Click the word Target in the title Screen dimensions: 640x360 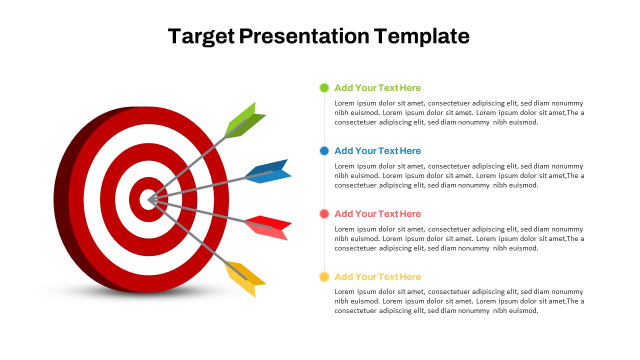201,36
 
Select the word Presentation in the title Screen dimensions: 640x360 304,36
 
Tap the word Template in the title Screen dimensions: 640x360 421,36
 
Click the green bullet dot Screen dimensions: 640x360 324,87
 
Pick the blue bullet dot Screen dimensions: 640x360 324,150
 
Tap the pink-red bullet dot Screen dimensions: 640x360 324,213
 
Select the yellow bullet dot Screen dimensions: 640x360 324,276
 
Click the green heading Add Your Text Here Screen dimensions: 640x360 377,87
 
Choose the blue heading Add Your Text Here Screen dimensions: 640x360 377,150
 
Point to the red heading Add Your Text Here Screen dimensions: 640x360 377,213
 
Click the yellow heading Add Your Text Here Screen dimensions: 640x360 377,276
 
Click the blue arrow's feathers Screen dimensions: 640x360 268,171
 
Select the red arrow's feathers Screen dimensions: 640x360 268,227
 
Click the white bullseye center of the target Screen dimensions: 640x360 147,199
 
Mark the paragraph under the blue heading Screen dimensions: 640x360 459,175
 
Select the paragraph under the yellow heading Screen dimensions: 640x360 459,301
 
